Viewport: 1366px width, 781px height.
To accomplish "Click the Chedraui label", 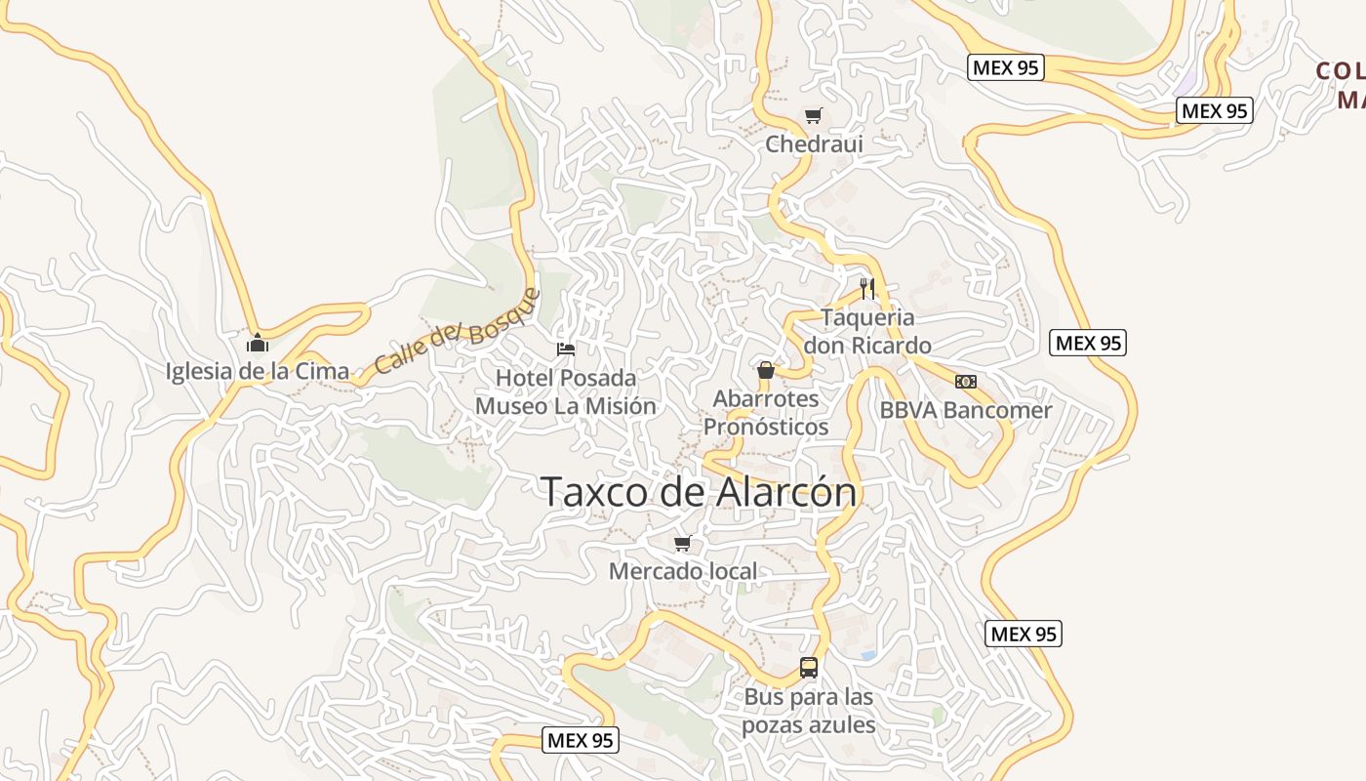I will (815, 144).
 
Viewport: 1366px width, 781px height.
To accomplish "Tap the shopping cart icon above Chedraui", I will (813, 116).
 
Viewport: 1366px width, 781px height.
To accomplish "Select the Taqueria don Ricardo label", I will (866, 332).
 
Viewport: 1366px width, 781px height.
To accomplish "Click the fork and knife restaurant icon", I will (866, 288).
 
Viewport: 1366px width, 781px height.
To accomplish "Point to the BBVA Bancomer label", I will (966, 410).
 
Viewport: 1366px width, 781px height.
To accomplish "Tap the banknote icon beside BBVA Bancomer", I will (966, 382).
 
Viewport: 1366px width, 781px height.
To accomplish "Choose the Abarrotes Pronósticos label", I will (766, 413).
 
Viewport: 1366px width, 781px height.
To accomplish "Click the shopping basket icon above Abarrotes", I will (766, 371).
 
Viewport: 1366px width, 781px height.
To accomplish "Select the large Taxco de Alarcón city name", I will (700, 492).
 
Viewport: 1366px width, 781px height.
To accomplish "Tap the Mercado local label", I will (683, 571).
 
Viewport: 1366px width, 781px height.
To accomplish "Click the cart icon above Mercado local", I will (683, 544).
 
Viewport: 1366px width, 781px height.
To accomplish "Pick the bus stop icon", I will (809, 668).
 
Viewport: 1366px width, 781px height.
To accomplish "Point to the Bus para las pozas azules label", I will (809, 712).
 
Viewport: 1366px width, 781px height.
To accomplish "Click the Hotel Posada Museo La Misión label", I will (566, 391).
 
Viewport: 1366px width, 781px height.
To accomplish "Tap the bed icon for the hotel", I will (566, 349).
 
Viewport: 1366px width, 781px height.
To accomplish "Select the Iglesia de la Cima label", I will (258, 371).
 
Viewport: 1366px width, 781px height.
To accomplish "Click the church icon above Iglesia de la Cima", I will (258, 343).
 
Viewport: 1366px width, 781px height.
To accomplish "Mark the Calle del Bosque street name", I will (457, 332).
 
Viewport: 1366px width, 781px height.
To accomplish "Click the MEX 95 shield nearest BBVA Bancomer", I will (1088, 343).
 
